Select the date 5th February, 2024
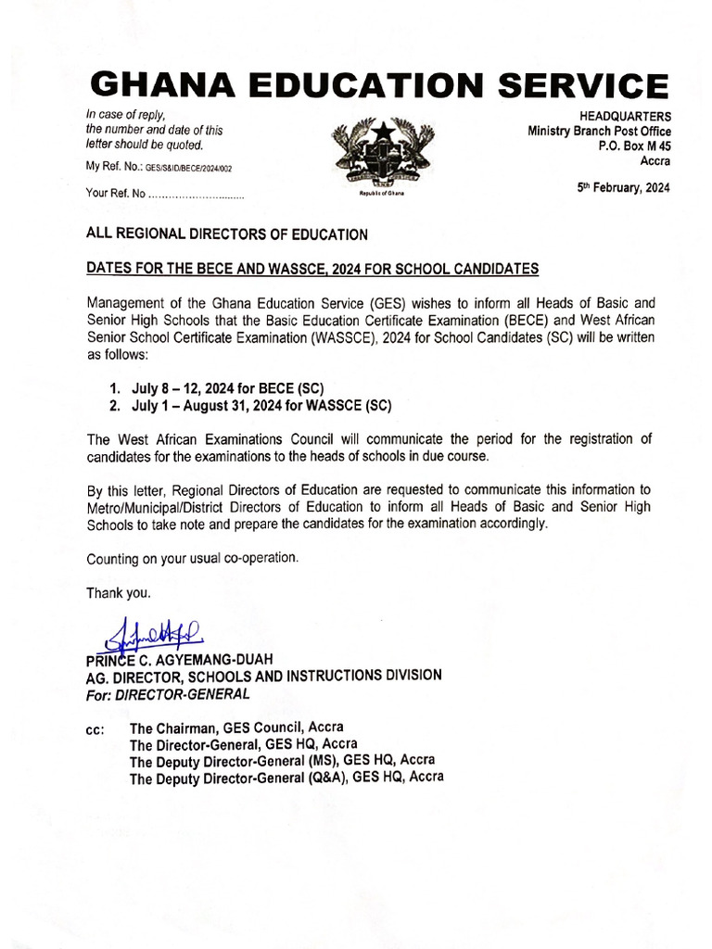[623, 187]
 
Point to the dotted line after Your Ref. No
[196, 195]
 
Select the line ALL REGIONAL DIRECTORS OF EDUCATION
[227, 234]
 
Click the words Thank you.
[118, 592]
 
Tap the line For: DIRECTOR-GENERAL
[168, 693]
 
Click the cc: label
[95, 729]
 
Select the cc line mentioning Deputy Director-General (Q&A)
[286, 778]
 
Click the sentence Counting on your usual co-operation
[192, 559]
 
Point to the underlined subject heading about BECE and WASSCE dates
[312, 269]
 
